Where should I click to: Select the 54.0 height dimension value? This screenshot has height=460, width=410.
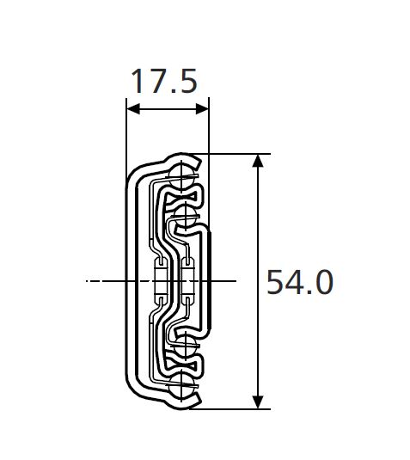(x=298, y=282)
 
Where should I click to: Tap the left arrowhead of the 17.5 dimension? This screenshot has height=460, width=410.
(x=131, y=109)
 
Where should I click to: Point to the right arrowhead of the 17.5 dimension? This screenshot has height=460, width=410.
(x=205, y=109)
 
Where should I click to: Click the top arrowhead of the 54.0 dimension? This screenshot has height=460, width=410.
(x=257, y=160)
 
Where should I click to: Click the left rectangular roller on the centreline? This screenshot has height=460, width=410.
(x=159, y=280)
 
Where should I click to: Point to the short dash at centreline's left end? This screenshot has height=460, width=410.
(x=90, y=280)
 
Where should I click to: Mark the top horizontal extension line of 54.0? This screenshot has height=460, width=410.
(x=232, y=154)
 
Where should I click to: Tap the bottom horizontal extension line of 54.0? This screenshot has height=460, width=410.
(x=232, y=409)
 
